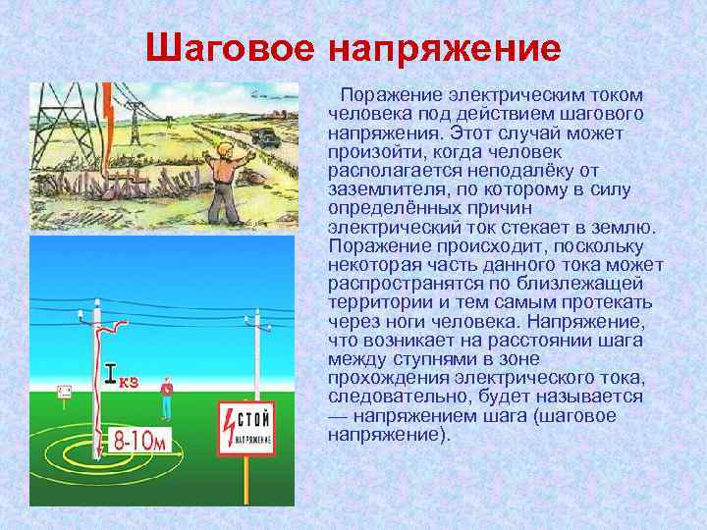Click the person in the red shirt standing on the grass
tap(168, 392)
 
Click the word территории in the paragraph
tap(373, 302)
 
